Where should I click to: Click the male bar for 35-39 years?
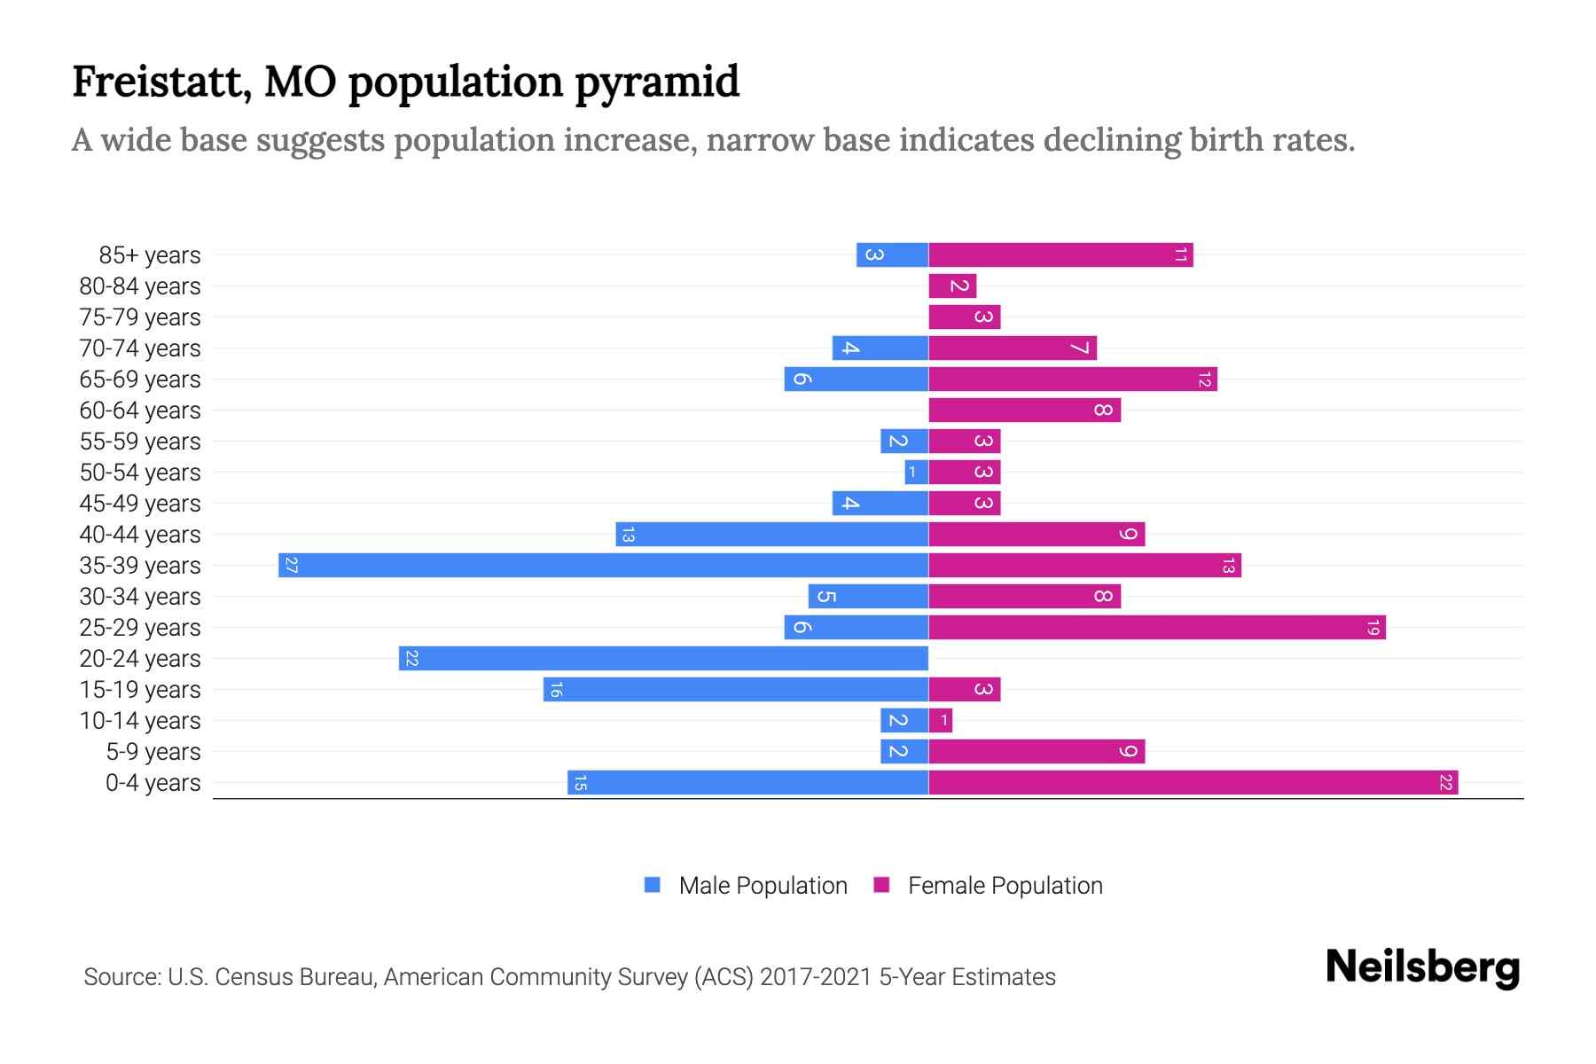pyautogui.click(x=603, y=566)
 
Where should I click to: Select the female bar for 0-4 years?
pyautogui.click(x=1193, y=783)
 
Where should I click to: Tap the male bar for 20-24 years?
pyautogui.click(x=663, y=659)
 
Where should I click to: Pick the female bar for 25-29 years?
pyautogui.click(x=1156, y=628)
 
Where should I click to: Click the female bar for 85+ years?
pyautogui.click(x=1060, y=255)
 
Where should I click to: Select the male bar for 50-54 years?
pyautogui.click(x=916, y=473)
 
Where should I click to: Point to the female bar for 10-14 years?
pyautogui.click(x=940, y=721)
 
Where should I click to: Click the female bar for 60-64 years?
pyautogui.click(x=1024, y=411)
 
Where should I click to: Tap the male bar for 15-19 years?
pyautogui.click(x=736, y=690)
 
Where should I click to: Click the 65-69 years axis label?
pyautogui.click(x=140, y=379)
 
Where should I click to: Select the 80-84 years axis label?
pyautogui.click(x=140, y=286)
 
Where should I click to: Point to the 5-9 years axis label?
pyautogui.click(x=153, y=752)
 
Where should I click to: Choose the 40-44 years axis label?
pyautogui.click(x=140, y=535)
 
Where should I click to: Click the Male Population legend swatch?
pyautogui.click(x=653, y=885)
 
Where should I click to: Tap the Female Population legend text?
pyautogui.click(x=1005, y=886)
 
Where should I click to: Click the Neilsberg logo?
pyautogui.click(x=1422, y=967)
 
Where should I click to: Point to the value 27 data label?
pyautogui.click(x=291, y=566)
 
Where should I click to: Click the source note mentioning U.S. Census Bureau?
pyautogui.click(x=569, y=977)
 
